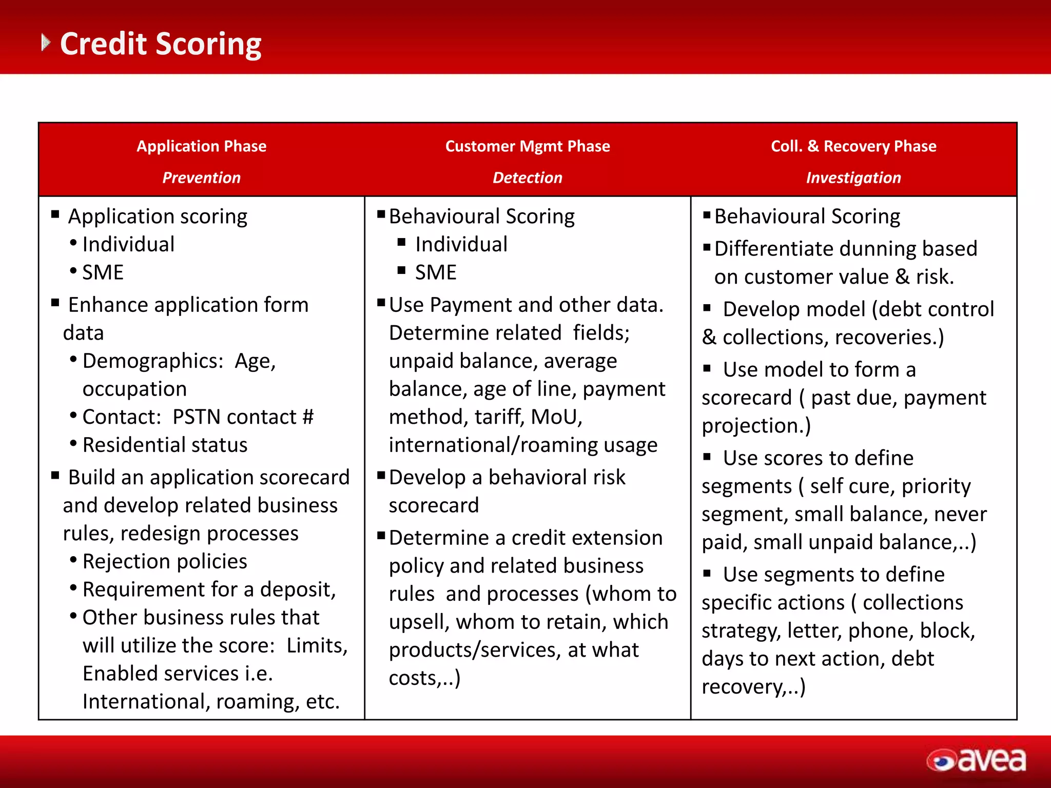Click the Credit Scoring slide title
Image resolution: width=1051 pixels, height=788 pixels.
pyautogui.click(x=160, y=44)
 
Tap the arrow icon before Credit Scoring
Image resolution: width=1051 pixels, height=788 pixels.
pyautogui.click(x=46, y=43)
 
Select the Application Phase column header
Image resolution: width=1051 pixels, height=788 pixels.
pyautogui.click(x=201, y=146)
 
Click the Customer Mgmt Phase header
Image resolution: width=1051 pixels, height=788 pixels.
pyautogui.click(x=528, y=146)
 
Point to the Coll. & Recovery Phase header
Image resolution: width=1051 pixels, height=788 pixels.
pyautogui.click(x=853, y=146)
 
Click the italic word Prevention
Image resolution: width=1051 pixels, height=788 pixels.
pyautogui.click(x=201, y=178)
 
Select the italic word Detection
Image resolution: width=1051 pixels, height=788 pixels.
pyautogui.click(x=528, y=178)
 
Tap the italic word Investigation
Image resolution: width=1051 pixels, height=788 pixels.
pyautogui.click(x=853, y=178)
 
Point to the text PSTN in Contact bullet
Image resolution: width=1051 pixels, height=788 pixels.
pyautogui.click(x=196, y=417)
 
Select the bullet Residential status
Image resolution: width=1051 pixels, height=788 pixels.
pyautogui.click(x=165, y=445)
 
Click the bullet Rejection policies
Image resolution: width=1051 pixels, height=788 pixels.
pyautogui.click(x=165, y=561)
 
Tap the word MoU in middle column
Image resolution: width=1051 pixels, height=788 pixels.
pyautogui.click(x=556, y=417)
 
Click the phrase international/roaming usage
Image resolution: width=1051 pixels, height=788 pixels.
pyautogui.click(x=523, y=445)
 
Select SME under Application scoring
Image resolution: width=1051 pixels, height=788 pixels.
pyautogui.click(x=103, y=272)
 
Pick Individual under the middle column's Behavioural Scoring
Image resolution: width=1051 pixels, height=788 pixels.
pyautogui.click(x=461, y=244)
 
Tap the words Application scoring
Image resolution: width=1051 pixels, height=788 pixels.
pyautogui.click(x=158, y=216)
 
